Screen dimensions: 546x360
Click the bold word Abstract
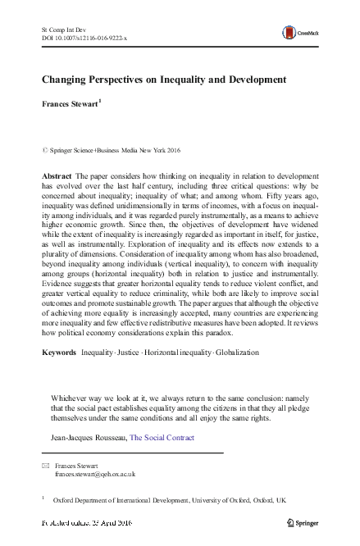point(55,177)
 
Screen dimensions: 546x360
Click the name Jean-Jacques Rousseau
point(88,438)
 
